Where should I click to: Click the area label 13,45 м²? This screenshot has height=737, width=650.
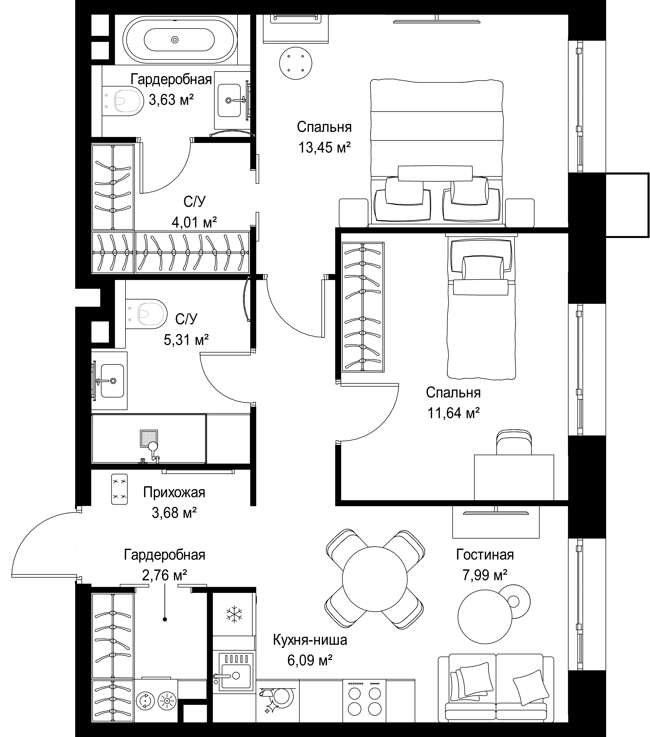(325, 147)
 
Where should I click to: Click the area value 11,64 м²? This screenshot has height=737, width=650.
(453, 413)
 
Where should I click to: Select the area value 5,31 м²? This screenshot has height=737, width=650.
(186, 339)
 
